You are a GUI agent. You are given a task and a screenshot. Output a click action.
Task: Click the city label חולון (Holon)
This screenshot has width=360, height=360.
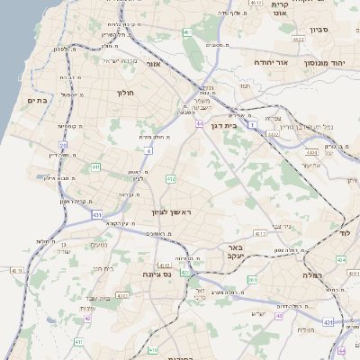point(125,93)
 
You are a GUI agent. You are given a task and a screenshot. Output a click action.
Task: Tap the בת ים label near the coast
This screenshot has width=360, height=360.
point(37,100)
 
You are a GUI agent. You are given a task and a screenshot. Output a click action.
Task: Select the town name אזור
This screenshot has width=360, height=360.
point(152,64)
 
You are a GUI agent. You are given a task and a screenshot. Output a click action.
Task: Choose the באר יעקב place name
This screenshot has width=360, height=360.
point(235,252)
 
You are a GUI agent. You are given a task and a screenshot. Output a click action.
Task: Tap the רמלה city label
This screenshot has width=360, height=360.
point(312,273)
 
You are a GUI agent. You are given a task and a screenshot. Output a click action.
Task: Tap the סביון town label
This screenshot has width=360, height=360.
point(320,30)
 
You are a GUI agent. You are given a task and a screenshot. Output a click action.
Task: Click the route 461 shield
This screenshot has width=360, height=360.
point(187,32)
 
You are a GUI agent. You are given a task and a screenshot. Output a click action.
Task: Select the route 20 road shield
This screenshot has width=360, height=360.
point(63,144)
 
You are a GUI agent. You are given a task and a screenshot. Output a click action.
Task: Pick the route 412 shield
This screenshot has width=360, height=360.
point(171,180)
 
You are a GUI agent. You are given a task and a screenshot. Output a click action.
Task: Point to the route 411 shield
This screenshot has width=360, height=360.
point(79,342)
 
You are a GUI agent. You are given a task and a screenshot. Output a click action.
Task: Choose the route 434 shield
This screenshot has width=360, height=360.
point(340,259)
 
